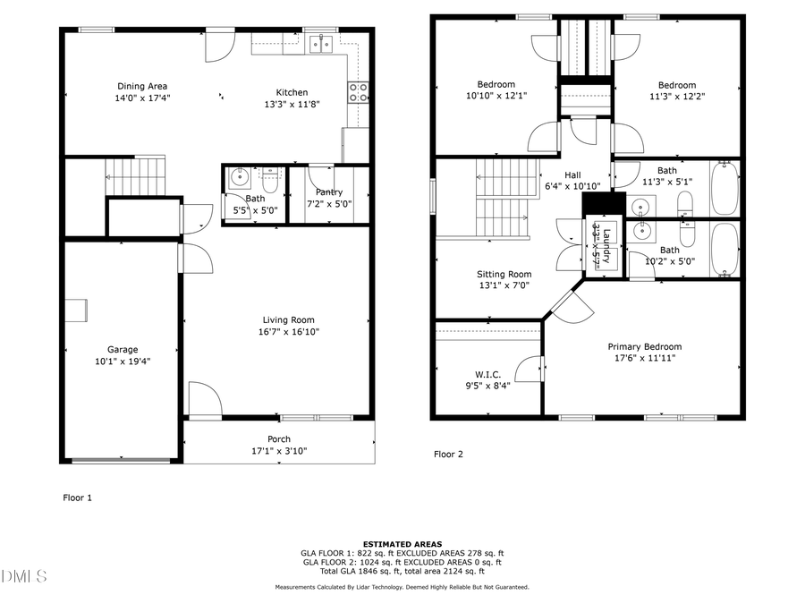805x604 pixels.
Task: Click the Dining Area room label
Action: (x=142, y=86)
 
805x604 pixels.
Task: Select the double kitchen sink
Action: (x=319, y=43)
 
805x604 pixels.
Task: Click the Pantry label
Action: (x=328, y=192)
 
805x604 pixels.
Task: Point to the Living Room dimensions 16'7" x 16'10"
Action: (x=288, y=332)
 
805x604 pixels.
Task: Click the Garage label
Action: (x=123, y=350)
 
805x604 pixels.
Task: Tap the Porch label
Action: (x=279, y=439)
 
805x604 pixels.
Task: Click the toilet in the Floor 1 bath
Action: (x=271, y=174)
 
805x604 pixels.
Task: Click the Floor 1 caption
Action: (x=77, y=498)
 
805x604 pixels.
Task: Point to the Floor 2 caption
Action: (x=448, y=455)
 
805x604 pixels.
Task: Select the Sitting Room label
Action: (x=504, y=275)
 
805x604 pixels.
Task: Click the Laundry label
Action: (x=606, y=243)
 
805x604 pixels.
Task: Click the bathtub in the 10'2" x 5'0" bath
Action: (x=724, y=249)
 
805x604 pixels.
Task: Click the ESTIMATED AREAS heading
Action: (x=402, y=544)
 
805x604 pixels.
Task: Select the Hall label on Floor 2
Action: (x=572, y=175)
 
